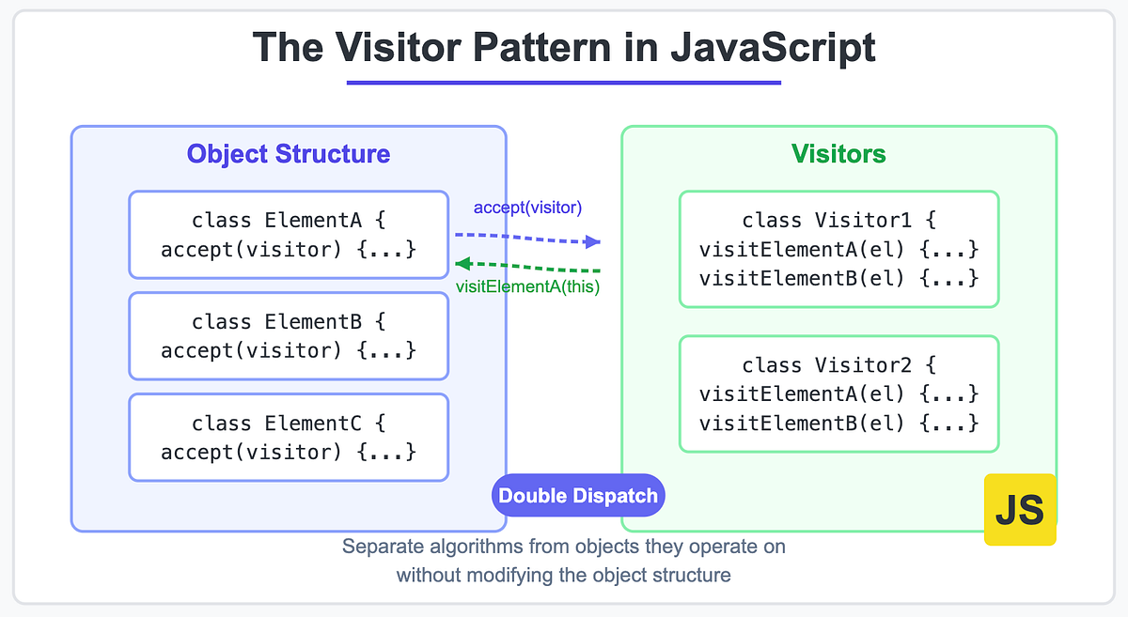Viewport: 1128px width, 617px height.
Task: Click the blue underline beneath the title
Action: click(564, 83)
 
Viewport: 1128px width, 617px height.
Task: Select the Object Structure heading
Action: click(289, 154)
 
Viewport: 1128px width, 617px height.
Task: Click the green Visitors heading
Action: click(838, 154)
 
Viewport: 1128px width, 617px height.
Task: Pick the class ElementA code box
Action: click(289, 235)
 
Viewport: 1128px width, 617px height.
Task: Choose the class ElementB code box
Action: click(289, 335)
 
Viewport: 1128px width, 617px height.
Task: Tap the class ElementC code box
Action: click(289, 437)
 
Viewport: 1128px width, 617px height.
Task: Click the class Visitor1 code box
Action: click(838, 249)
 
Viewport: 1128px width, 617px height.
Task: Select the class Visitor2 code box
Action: click(838, 393)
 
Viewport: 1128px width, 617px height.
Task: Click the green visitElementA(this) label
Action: click(527, 286)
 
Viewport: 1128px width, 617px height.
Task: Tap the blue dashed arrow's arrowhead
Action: click(593, 241)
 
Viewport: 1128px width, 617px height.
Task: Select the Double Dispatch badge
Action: click(578, 495)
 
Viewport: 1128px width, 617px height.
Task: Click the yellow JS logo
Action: click(1020, 509)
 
